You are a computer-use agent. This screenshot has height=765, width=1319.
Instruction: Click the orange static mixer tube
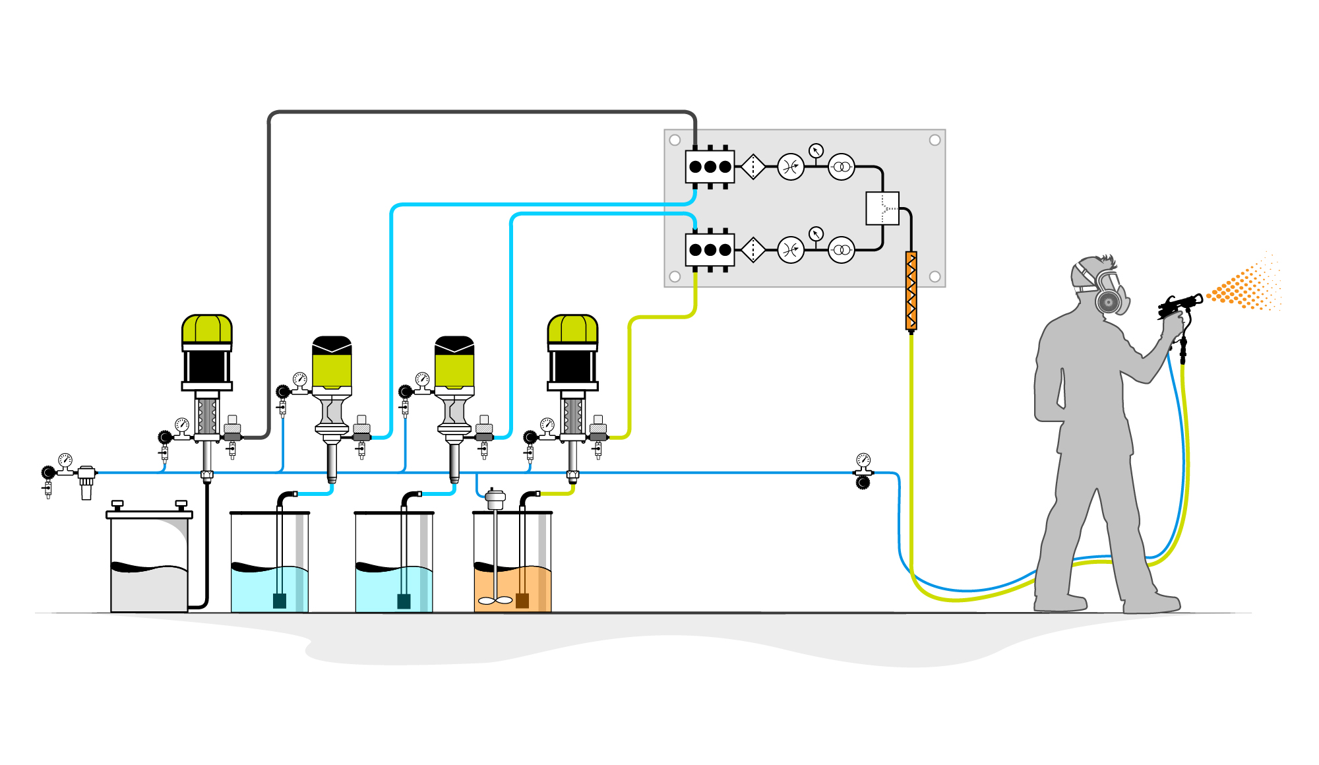[x=911, y=291]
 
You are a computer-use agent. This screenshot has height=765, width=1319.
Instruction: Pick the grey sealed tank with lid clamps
[x=149, y=561]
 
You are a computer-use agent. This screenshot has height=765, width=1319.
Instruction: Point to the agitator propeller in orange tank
[x=495, y=600]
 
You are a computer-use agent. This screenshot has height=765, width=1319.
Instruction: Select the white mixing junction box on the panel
[x=882, y=208]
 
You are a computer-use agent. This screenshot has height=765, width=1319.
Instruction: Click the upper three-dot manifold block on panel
[x=710, y=167]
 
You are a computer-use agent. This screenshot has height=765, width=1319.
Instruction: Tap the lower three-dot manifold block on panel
[x=710, y=250]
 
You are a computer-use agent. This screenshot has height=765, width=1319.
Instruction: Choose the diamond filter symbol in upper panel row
[x=752, y=167]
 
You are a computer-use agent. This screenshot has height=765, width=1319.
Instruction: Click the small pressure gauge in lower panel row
[x=816, y=234]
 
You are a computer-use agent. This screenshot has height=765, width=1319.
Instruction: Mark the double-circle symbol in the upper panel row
[x=842, y=167]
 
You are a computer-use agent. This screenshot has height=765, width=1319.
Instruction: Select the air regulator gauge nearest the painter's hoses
[x=863, y=460]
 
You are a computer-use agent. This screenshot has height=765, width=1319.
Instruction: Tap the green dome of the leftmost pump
[x=207, y=328]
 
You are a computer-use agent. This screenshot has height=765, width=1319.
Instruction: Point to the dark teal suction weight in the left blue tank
[x=280, y=600]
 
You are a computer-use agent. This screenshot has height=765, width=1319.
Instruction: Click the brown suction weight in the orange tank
[x=522, y=600]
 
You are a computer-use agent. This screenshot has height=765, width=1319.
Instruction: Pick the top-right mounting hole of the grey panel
[x=935, y=140]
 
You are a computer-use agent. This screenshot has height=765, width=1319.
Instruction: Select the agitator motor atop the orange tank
[x=495, y=498]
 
